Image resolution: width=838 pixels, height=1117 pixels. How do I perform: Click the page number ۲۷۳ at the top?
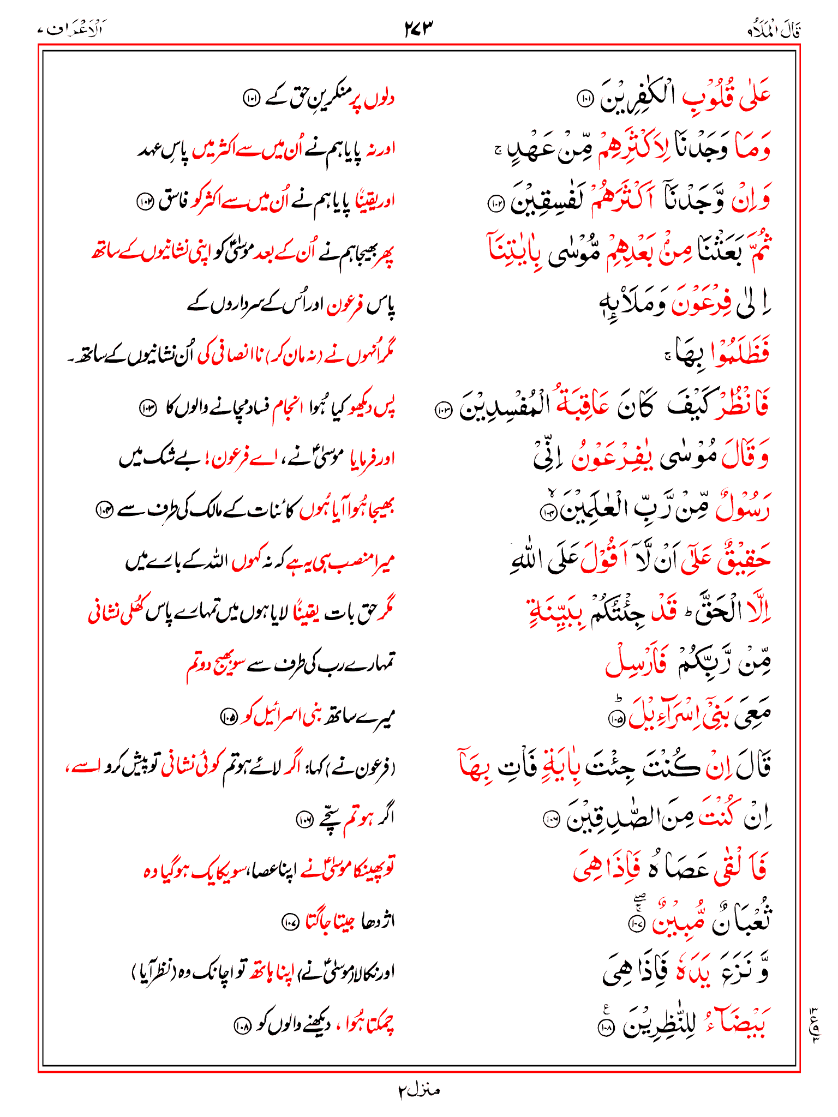418,28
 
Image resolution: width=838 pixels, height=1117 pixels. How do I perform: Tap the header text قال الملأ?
774,30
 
